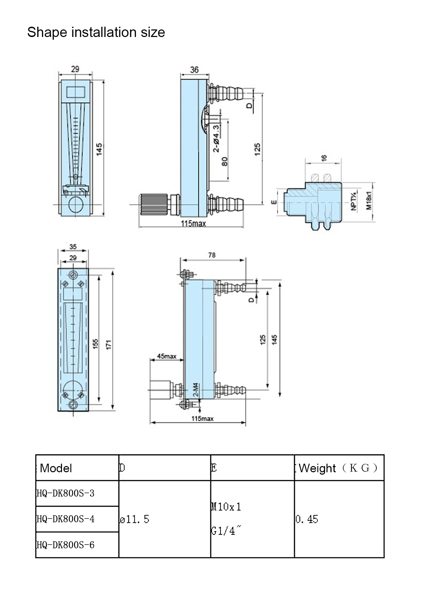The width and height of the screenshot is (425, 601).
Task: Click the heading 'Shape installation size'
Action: tap(96, 33)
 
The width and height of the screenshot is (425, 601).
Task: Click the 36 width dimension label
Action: tap(194, 70)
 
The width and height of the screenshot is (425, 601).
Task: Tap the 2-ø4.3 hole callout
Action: tap(216, 138)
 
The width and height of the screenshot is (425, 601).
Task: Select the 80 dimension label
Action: tap(225, 161)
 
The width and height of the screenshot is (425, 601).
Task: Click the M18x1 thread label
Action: tap(368, 201)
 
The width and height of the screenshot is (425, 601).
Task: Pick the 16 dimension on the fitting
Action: tap(324, 158)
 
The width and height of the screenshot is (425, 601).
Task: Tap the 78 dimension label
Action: tap(212, 255)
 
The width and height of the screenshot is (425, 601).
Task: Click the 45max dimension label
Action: tap(166, 356)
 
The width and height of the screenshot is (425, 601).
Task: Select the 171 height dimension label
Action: tap(109, 345)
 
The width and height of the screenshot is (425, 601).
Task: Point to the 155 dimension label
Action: tap(96, 343)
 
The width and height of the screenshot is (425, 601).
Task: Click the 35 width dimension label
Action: tap(73, 247)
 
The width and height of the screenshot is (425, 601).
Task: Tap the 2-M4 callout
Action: tap(196, 390)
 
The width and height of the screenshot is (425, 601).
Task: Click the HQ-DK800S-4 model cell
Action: tap(65, 519)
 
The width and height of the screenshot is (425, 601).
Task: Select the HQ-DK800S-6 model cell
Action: tap(65, 545)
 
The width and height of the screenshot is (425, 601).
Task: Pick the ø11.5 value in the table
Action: tap(134, 519)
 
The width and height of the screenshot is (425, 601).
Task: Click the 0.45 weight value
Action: tap(307, 519)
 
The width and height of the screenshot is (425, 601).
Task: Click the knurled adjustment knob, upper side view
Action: tap(153, 204)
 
